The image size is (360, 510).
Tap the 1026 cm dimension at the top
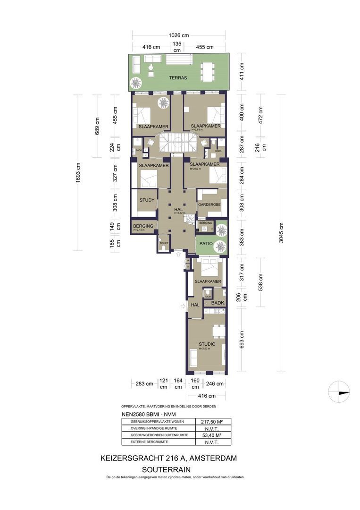click(178, 35)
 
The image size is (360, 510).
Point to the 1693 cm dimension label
click(78, 172)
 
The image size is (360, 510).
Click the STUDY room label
click(147, 200)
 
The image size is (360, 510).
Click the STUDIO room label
click(207, 344)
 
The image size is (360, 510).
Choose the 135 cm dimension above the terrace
click(177, 47)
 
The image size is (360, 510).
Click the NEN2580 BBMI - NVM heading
click(145, 415)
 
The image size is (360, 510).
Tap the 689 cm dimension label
click(97, 126)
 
